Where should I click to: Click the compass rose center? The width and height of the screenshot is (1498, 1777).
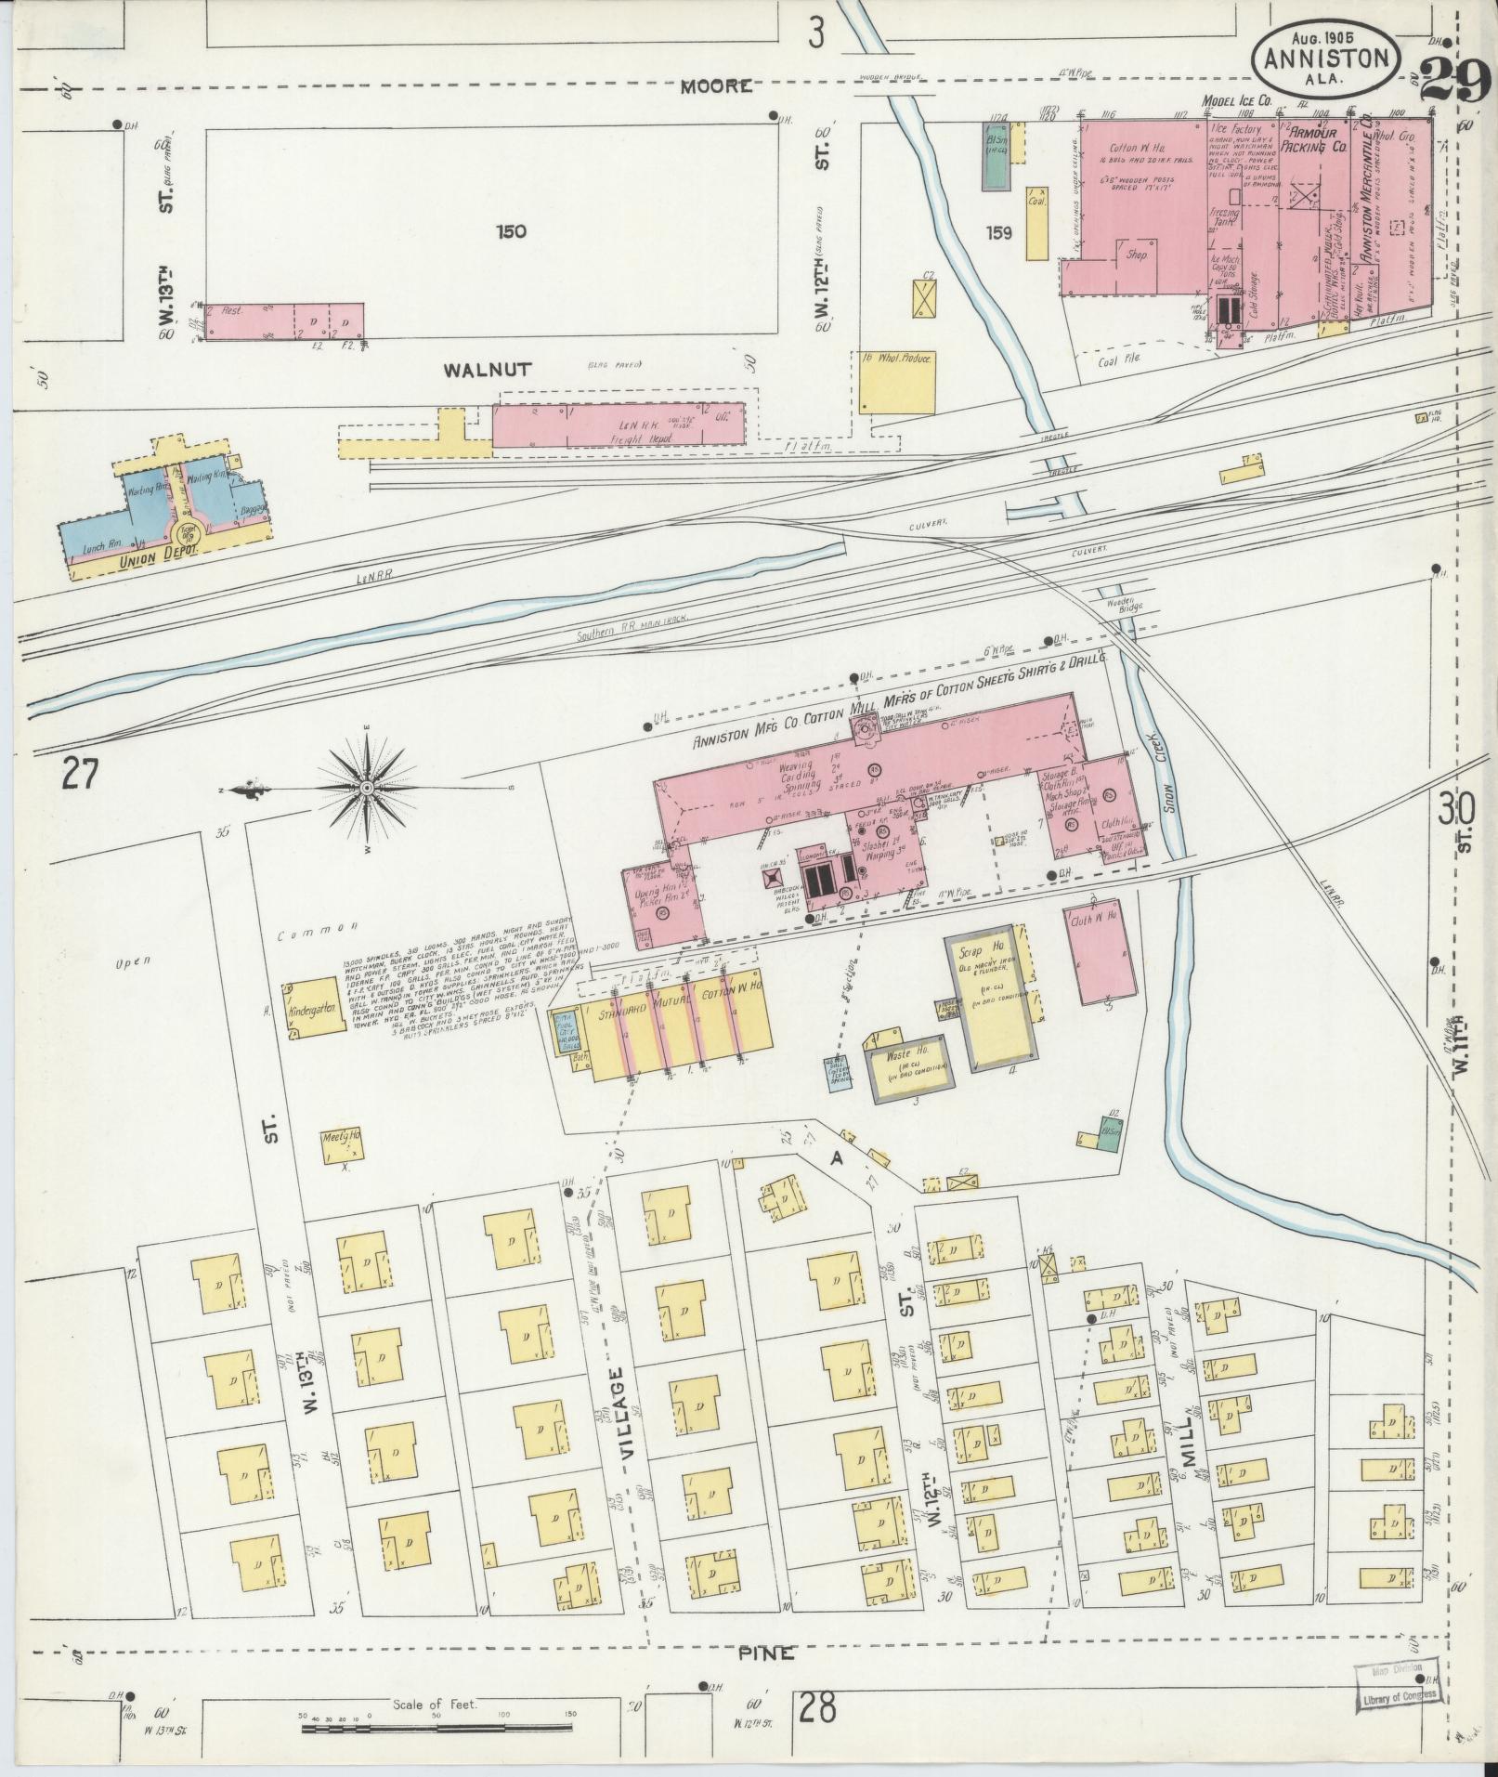coord(366,788)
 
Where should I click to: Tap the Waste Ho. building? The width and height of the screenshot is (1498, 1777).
coord(909,1065)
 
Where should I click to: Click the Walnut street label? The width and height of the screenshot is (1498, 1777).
coord(487,370)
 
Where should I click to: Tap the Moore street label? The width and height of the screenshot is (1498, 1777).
coord(715,86)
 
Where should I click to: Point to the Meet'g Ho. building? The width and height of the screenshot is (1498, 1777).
coord(342,1147)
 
